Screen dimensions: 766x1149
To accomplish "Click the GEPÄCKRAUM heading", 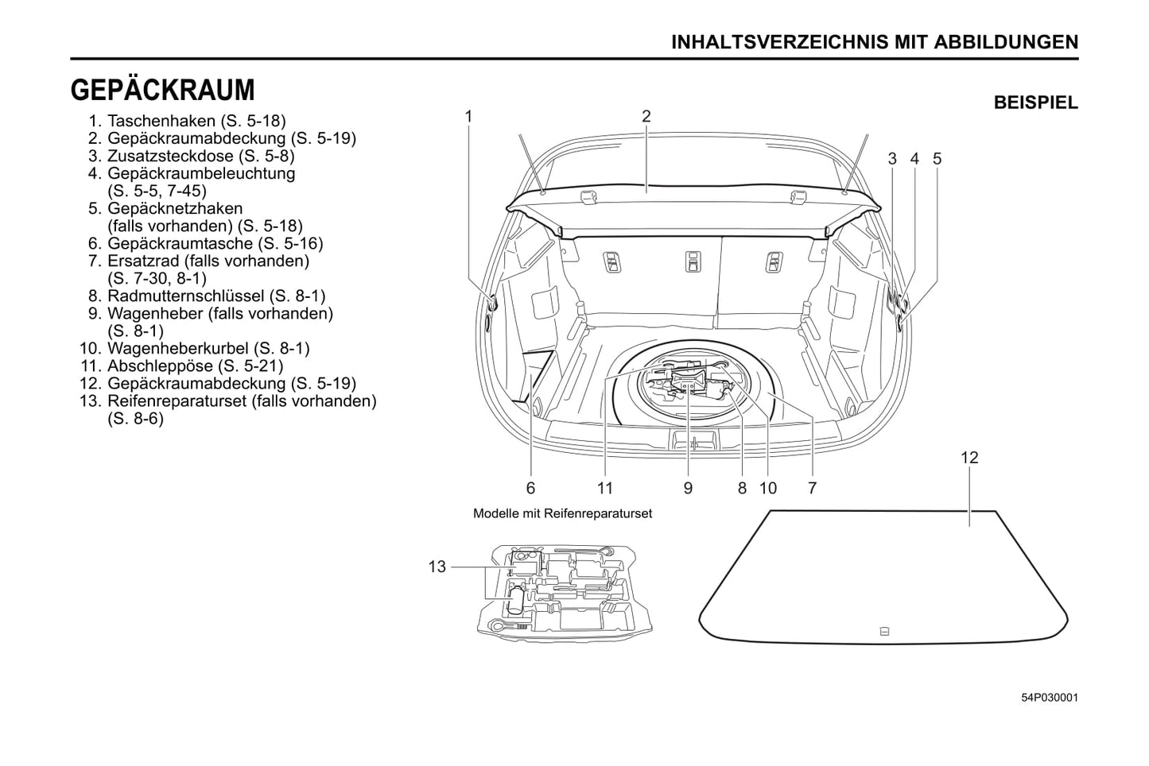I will (163, 91).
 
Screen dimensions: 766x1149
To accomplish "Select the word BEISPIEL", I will (1035, 103).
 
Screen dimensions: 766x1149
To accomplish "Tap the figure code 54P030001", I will (1050, 698).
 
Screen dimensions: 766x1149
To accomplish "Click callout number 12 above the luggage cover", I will (969, 458).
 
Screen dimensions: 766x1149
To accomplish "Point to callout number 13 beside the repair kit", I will (437, 567).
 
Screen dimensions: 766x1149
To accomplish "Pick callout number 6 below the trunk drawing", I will (530, 488).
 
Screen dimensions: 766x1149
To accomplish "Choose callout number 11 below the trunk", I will (605, 488).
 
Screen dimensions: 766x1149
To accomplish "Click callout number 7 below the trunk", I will (812, 488).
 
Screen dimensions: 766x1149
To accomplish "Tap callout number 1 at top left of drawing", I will (469, 116).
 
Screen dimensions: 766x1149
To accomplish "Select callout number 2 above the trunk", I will (646, 116).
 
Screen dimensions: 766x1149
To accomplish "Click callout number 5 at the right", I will (937, 159).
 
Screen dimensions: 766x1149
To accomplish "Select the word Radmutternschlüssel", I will (185, 296).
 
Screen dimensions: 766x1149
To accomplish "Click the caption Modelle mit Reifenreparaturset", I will (562, 513).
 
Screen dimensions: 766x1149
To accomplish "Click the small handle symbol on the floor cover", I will (884, 632).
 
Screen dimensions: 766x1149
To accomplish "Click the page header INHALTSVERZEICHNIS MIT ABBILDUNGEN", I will (875, 42).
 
